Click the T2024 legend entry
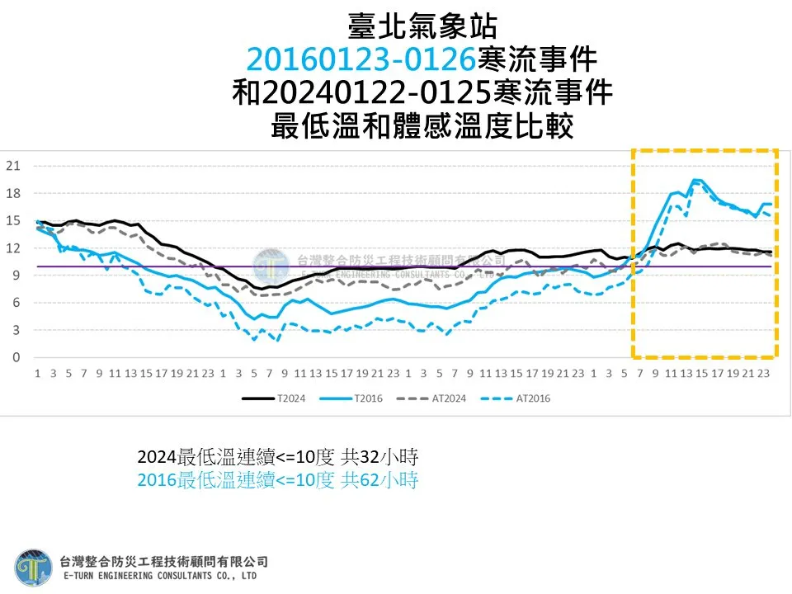coord(273,398)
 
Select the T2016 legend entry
coord(351,398)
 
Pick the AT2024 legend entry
coord(431,398)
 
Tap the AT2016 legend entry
coord(515,398)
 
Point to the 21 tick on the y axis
coord(13,166)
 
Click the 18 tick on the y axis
coord(13,193)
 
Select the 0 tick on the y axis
coord(16,357)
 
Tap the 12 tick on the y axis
coord(13,247)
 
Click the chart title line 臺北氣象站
coord(422,26)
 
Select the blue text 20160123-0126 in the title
coord(361,59)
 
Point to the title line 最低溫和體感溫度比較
coord(422,125)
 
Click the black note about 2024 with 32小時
coord(278,456)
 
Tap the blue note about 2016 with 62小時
coord(278,479)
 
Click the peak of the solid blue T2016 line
coord(695,180)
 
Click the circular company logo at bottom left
coord(33,568)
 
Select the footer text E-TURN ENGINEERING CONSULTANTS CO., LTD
coord(160,576)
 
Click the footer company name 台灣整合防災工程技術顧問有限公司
coord(163,561)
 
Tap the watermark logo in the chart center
coord(271,266)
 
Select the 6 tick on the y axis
coord(16,303)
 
